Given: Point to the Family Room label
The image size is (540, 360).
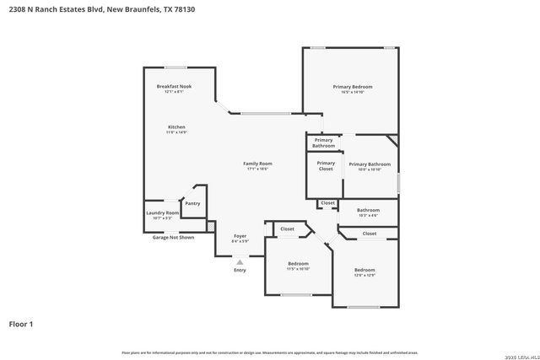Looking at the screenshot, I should [x=257, y=164].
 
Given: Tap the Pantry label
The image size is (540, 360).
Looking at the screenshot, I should [x=192, y=202].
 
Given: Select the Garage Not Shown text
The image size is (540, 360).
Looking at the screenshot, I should [x=172, y=238].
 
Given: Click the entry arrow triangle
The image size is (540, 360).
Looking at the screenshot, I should [x=240, y=262].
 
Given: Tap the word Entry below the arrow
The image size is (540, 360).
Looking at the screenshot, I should [x=240, y=271].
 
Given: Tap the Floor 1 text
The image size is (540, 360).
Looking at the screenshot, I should [x=20, y=323].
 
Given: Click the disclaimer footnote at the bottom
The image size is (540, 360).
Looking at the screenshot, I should [x=270, y=352].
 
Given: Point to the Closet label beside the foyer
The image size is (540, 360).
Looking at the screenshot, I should [x=287, y=228].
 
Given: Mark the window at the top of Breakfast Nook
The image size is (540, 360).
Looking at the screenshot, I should [x=175, y=67].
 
